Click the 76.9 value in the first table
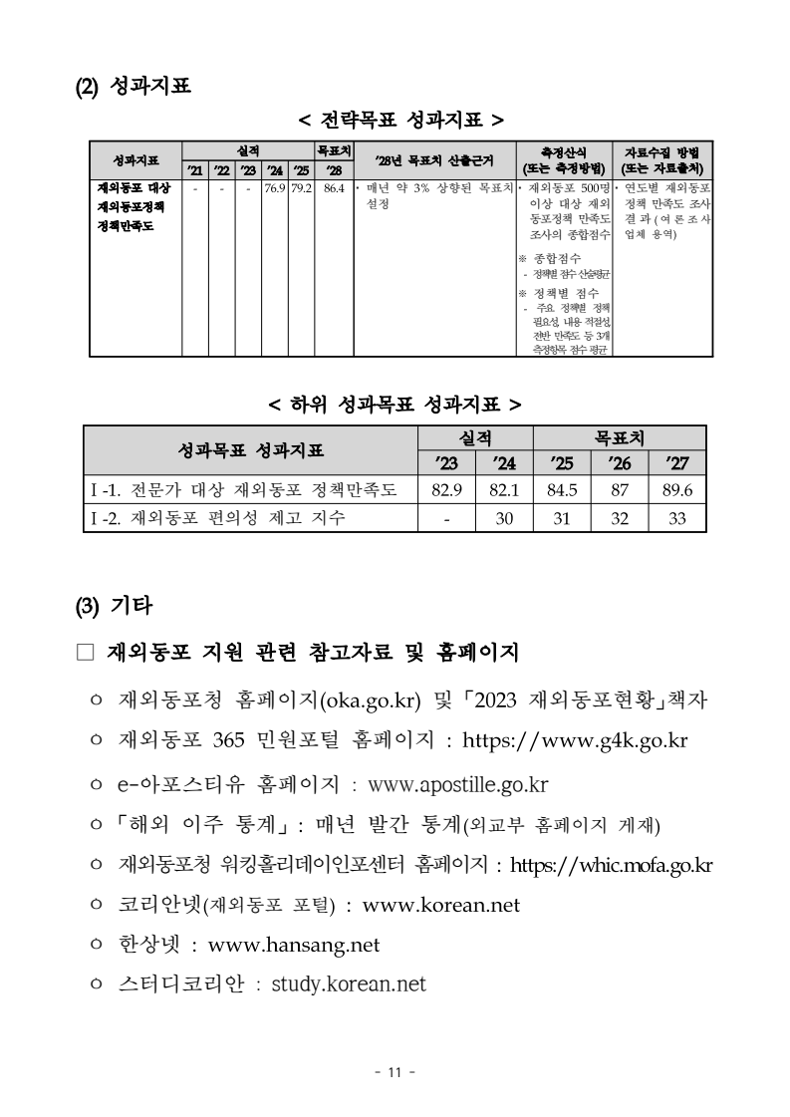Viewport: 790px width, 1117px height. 275,186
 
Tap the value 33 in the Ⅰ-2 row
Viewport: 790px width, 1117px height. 676,518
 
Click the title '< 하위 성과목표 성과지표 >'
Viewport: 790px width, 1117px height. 395,405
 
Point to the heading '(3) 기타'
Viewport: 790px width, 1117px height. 114,604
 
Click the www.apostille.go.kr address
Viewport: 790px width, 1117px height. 458,784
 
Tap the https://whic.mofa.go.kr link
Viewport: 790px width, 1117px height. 611,863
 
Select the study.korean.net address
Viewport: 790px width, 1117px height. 349,984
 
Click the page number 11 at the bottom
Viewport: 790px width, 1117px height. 394,1072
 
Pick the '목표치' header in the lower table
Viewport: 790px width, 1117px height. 619,437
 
